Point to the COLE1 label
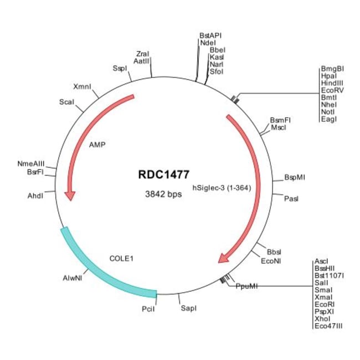(x=122, y=258)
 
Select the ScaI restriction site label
(x=67, y=102)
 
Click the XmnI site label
(x=82, y=87)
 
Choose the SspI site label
(x=119, y=68)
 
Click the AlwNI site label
(x=73, y=278)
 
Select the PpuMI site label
(x=246, y=286)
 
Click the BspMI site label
(x=295, y=178)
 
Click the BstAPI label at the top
(x=210, y=35)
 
